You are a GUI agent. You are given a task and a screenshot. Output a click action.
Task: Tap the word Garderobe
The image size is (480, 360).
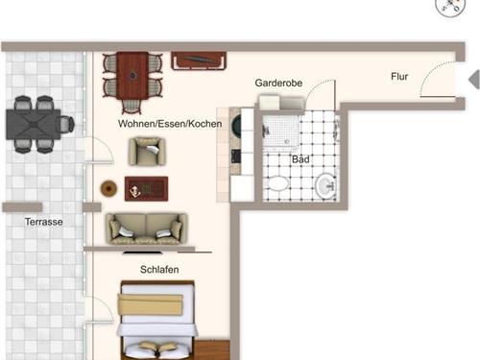tap(278, 84)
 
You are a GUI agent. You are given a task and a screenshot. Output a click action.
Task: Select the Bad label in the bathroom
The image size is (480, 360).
tap(300, 160)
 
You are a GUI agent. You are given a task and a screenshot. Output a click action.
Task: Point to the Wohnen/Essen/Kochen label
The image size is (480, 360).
tap(170, 124)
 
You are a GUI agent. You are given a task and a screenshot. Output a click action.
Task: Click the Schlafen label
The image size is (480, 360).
tap(159, 270)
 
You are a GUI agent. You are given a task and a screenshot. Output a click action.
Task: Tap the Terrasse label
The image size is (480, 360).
tap(44, 222)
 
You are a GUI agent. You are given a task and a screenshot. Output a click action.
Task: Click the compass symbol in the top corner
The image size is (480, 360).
tap(450, 8)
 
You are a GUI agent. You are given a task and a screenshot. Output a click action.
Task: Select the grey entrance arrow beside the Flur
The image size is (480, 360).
tap(472, 79)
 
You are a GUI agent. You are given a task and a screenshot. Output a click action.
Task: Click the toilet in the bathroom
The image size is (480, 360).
tap(276, 184)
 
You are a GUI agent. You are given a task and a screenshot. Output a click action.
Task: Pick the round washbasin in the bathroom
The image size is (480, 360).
tap(324, 185)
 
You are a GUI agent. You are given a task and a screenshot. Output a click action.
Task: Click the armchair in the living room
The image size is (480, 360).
tap(148, 152)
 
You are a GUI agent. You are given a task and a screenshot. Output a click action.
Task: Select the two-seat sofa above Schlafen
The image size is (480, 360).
tap(146, 228)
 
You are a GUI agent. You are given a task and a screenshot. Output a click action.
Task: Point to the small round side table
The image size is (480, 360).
tap(108, 187)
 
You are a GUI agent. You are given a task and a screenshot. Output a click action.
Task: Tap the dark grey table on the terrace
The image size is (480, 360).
tap(38, 122)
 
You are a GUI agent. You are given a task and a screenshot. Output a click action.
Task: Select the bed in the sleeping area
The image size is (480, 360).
tap(156, 320)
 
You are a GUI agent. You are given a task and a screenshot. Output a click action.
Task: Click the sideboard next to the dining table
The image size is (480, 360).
tap(199, 60)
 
